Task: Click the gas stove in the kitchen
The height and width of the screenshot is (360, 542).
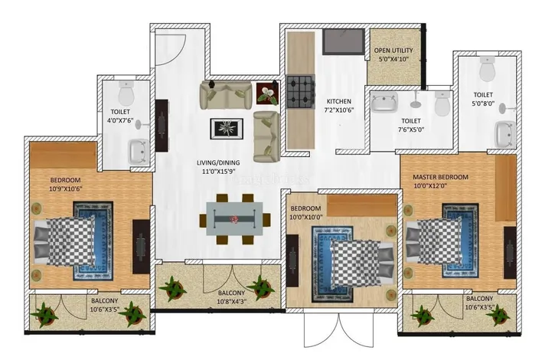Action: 301,93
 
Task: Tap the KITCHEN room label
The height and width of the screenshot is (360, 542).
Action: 338,101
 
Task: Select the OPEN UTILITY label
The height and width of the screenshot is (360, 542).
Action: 393,51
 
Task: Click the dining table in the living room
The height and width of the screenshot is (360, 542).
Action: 234,218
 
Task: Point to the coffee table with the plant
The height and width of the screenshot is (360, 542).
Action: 227,129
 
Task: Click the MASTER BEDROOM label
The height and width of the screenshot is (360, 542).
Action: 440,177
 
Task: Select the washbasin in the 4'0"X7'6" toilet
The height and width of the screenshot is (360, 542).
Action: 139,152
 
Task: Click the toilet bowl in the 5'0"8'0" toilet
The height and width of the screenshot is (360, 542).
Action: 488,68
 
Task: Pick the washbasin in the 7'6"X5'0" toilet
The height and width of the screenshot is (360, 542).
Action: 384,102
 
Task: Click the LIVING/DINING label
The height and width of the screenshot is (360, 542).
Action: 218,162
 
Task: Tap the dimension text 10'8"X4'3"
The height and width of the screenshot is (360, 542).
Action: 232,302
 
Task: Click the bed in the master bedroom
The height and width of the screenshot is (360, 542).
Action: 435,241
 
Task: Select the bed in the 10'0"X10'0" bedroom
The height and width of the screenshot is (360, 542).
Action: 362,263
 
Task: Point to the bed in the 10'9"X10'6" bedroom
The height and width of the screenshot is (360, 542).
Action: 64,241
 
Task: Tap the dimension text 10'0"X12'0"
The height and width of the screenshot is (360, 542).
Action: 430,185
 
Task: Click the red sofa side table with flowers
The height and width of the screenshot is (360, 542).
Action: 267,93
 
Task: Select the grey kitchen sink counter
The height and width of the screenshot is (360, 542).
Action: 344,42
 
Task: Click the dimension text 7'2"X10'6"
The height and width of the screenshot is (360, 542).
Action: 338,110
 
